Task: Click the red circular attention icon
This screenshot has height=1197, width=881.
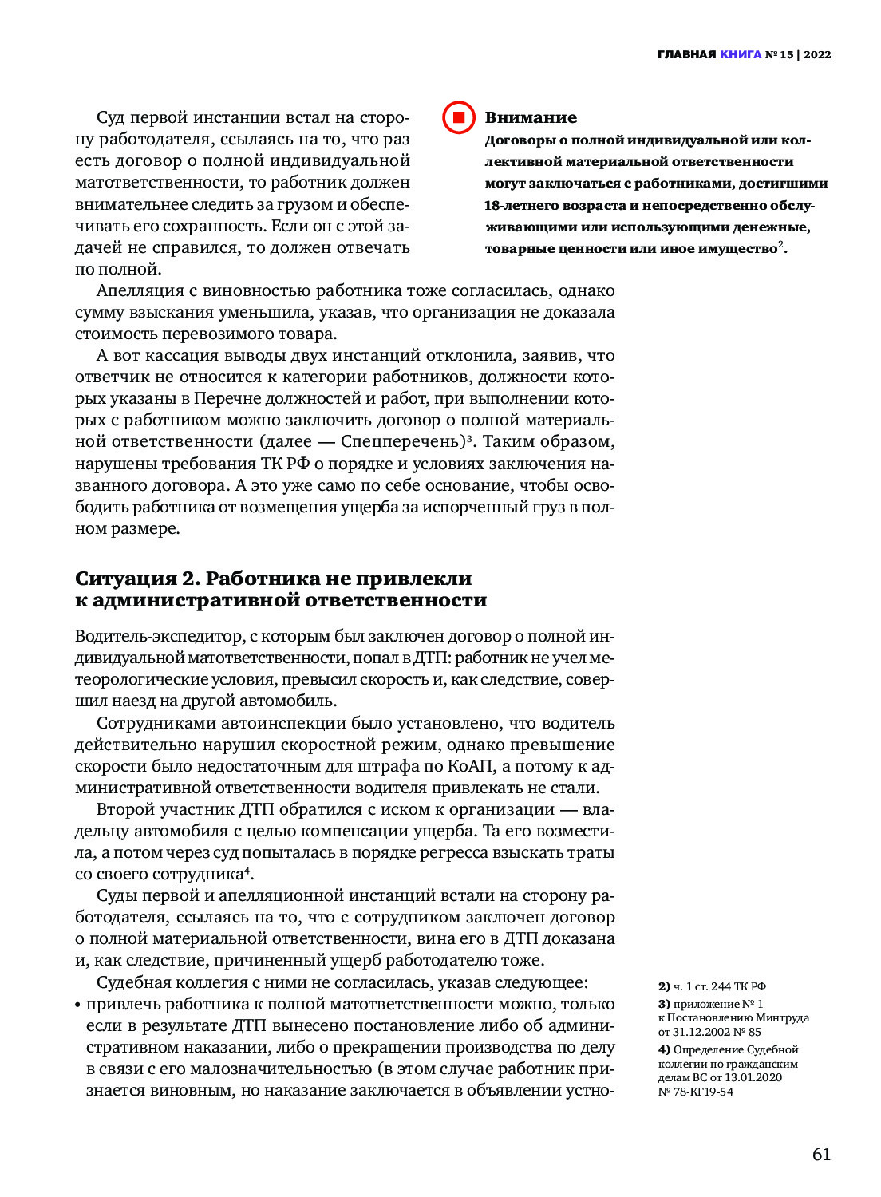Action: tap(459, 117)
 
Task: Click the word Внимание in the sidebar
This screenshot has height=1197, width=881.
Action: tap(531, 117)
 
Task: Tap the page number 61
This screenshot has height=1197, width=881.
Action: tap(821, 1155)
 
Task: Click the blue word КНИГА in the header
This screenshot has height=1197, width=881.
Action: tap(741, 55)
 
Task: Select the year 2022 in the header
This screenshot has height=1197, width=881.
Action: tap(817, 55)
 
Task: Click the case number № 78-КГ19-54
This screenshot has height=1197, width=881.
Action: tap(696, 1092)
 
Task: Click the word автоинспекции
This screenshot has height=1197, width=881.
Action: tap(275, 724)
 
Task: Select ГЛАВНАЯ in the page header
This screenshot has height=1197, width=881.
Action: tap(686, 55)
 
